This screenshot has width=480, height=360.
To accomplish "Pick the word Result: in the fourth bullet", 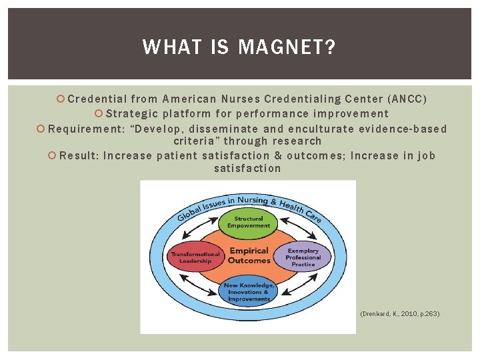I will [79, 156].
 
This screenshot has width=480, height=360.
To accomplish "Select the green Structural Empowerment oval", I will [249, 222].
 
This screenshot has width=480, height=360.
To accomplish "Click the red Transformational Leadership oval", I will [195, 257].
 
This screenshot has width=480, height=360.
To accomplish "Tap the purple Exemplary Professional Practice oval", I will [303, 257].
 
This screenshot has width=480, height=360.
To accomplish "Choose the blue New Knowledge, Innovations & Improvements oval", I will [248, 292].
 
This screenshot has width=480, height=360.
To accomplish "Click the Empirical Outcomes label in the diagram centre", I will [249, 256].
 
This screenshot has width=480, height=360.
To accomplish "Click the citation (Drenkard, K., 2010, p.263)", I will [399, 313].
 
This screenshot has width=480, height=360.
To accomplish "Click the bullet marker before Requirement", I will [41, 129].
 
